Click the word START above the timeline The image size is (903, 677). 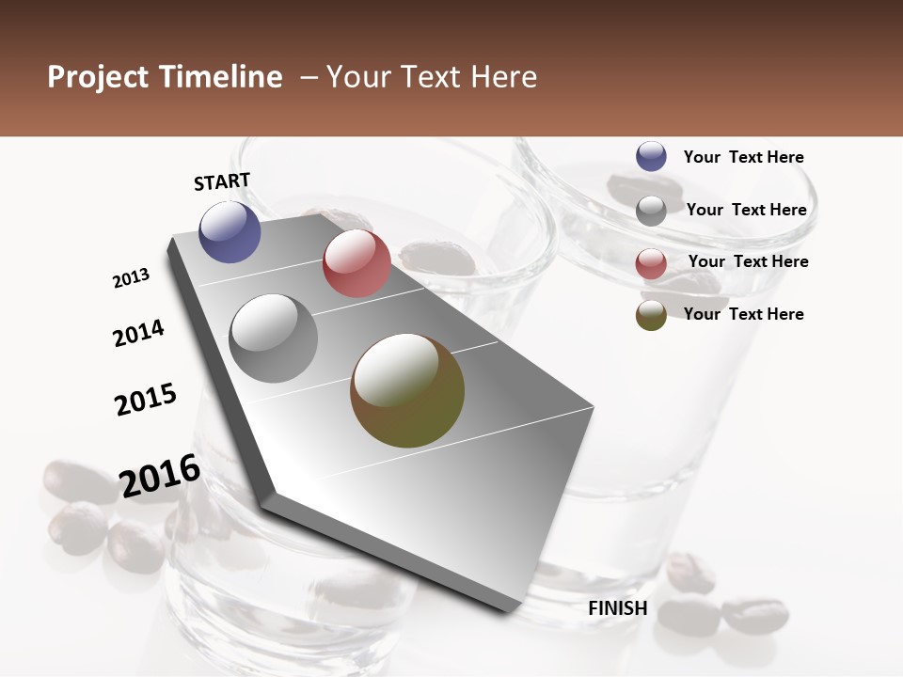(222, 181)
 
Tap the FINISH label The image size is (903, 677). (618, 608)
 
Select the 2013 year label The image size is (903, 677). (131, 278)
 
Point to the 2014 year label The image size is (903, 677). (138, 333)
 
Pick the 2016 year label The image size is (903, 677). (160, 475)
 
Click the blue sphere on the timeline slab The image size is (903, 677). (230, 231)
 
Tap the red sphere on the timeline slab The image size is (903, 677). (356, 263)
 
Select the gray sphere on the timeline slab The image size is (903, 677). (274, 338)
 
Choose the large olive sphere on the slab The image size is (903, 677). (407, 391)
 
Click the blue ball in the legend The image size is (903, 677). (651, 156)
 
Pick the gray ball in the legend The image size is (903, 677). (651, 211)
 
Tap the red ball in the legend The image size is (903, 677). (651, 263)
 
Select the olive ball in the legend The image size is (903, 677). (651, 315)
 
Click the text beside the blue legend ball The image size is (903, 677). (743, 157)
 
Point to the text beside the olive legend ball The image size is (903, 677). (743, 314)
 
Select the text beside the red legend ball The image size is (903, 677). (748, 261)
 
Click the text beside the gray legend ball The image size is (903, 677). (746, 210)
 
